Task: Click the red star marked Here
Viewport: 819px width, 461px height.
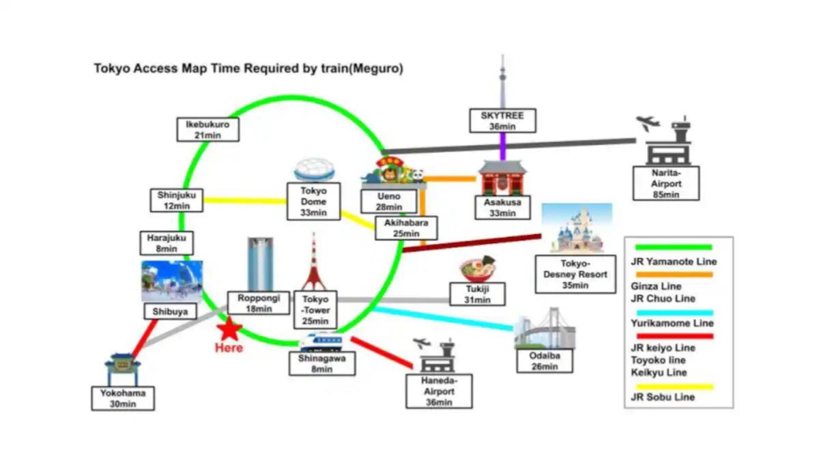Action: click(x=229, y=330)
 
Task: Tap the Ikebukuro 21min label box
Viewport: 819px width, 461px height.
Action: click(x=207, y=130)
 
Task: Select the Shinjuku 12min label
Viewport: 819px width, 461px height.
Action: click(x=176, y=200)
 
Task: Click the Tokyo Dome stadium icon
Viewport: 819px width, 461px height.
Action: click(x=314, y=171)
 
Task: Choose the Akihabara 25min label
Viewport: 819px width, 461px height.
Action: click(x=405, y=228)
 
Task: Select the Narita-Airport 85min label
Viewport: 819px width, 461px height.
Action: click(x=665, y=184)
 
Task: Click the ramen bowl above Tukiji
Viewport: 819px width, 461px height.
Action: click(x=478, y=269)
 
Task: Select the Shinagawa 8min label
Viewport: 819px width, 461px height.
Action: click(x=322, y=363)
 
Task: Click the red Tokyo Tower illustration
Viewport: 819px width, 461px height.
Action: click(x=314, y=263)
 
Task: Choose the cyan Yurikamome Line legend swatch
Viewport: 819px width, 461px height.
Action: click(x=674, y=312)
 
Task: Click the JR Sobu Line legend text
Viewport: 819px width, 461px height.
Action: click(x=663, y=397)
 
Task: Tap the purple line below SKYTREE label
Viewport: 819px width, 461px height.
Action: click(x=503, y=146)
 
